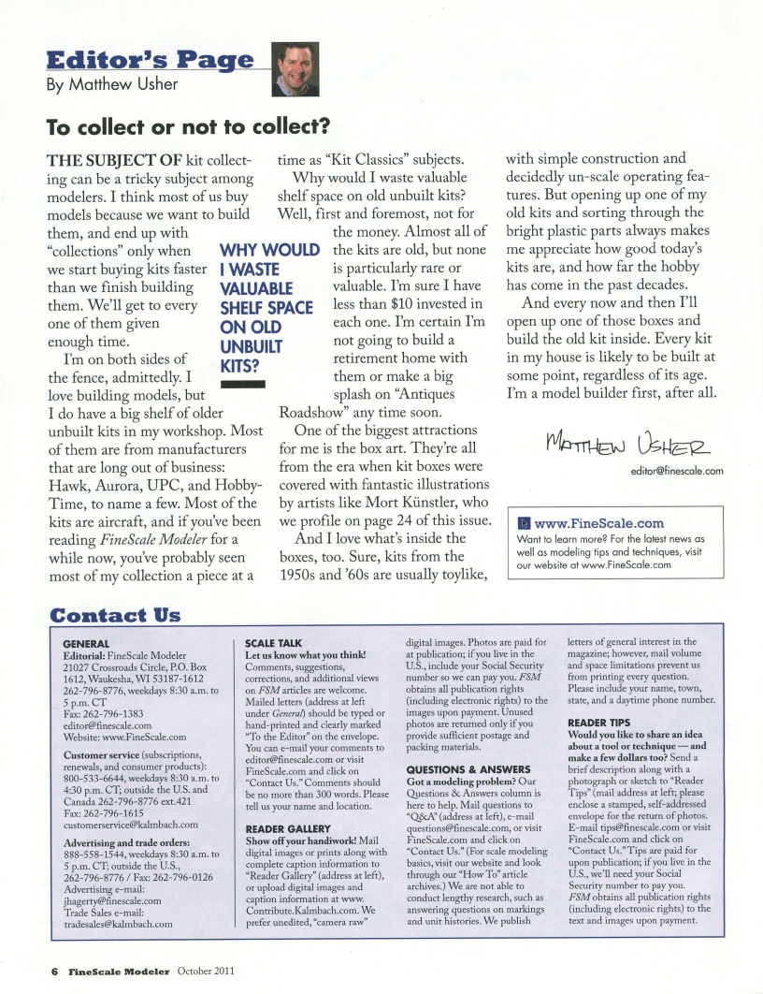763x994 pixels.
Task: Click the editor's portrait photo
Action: (x=295, y=73)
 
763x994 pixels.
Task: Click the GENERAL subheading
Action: (x=84, y=644)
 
